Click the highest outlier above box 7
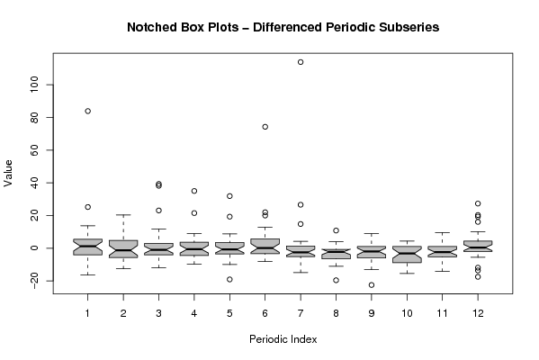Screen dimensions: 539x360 (301, 62)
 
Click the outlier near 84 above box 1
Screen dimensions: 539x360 (87, 111)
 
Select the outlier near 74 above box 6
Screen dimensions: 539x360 (265, 127)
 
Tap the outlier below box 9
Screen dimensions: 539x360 (372, 285)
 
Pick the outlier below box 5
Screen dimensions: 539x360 (229, 280)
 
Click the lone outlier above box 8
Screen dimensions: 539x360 (336, 230)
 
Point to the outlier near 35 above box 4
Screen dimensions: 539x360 (194, 191)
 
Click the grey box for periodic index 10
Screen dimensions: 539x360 (407, 255)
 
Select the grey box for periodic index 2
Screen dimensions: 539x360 (123, 249)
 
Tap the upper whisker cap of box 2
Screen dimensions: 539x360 (123, 215)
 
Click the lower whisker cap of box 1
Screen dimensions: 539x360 (87, 274)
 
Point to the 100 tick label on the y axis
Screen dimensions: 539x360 (34, 85)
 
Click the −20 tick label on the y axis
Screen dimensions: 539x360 (34, 282)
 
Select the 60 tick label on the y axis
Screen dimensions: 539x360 (34, 150)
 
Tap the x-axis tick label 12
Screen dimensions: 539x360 (478, 313)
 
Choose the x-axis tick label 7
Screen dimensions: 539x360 (301, 313)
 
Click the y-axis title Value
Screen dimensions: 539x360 (8, 174)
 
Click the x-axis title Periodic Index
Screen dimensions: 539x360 (283, 339)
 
